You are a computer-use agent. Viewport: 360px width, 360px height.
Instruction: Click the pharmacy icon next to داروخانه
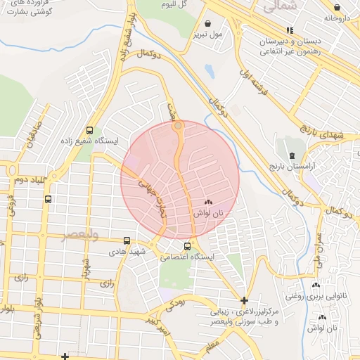point(328,18)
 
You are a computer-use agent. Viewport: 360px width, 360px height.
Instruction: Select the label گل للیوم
point(174,4)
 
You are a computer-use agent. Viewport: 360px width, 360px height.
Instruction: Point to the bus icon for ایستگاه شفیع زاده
point(89,129)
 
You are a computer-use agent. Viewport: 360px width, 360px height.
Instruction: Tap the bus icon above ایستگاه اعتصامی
point(187,246)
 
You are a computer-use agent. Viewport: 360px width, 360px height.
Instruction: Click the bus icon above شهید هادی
point(127,240)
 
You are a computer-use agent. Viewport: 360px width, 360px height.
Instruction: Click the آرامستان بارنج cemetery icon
point(290,154)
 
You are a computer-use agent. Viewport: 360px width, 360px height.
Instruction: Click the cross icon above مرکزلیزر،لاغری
point(244,300)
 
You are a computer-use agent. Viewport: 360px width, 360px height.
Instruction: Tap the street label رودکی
point(175,304)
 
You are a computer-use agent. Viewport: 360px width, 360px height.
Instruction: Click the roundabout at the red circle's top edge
point(179,126)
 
